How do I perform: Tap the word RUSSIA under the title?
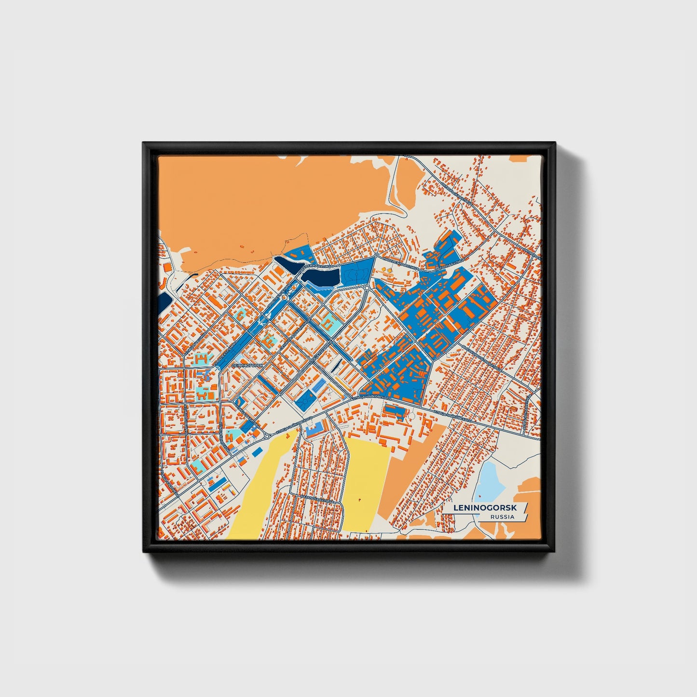tap(502, 517)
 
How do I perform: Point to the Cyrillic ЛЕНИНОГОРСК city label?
tap(248, 366)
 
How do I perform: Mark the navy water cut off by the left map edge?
tap(164, 301)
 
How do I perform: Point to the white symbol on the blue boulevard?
tap(261, 320)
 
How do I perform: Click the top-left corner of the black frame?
tap(144, 143)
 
